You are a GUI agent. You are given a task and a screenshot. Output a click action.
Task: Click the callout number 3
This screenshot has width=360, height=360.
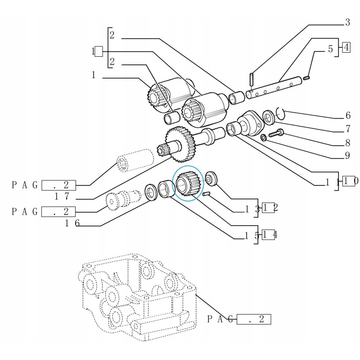347,22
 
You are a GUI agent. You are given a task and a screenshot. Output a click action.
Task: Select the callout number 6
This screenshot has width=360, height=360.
347,116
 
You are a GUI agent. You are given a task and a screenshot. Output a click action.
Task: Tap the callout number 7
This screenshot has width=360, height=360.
347,129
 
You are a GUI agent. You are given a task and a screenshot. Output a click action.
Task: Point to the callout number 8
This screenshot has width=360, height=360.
347,144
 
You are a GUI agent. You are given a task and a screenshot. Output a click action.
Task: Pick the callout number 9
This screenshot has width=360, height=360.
347,157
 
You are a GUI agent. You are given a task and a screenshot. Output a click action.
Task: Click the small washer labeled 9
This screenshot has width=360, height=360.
264,137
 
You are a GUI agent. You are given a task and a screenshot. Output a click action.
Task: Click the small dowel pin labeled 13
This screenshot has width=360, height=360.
207,194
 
